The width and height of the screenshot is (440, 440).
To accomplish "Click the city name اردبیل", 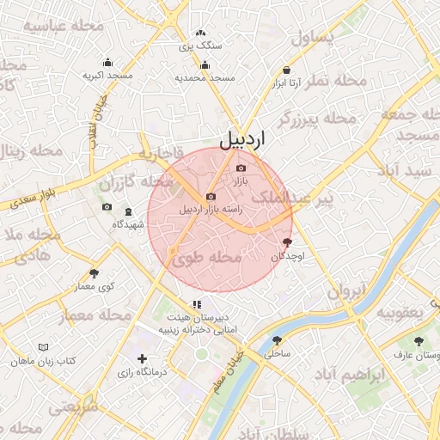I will click(242, 138).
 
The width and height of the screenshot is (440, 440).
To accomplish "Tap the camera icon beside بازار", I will click(241, 168).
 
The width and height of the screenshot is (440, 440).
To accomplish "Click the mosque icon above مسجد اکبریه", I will click(107, 62).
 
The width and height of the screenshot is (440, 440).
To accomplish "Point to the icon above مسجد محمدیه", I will click(205, 64).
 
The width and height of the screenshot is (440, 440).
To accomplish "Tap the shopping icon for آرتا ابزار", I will click(286, 70).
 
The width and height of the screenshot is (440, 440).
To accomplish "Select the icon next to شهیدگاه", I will click(129, 211).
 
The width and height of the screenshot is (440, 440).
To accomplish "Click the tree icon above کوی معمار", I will click(94, 273).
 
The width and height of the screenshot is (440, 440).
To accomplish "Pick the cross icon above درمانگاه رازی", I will click(142, 358).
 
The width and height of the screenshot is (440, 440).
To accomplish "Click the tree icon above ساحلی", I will click(277, 340).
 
